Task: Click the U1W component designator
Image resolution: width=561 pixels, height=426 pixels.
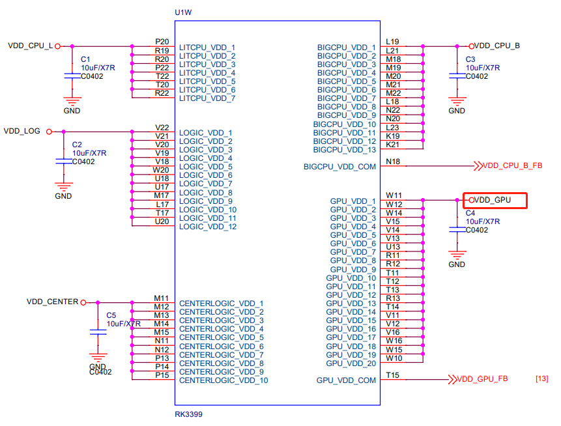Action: pos(183,12)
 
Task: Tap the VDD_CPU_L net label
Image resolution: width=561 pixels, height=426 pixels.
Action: pos(29,46)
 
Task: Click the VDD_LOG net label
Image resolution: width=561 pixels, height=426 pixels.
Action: pos(22,131)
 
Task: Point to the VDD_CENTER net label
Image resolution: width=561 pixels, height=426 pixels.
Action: pos(52,302)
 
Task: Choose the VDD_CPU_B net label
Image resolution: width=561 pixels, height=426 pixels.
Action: pos(497,46)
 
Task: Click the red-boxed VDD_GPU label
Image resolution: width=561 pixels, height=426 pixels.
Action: pos(493,200)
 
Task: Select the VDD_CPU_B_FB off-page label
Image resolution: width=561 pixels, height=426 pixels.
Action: pos(512,166)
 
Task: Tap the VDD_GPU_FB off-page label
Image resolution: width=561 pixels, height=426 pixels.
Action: pos(482,379)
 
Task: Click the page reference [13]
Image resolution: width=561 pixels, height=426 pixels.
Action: pos(541,379)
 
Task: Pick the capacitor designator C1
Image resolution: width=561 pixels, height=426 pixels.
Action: pos(85,59)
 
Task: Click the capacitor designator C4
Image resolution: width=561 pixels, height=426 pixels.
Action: pos(470,213)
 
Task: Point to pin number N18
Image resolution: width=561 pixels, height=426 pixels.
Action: pos(393,162)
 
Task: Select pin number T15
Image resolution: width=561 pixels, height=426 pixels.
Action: pos(392,375)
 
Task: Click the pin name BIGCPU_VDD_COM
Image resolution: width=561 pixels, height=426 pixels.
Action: pos(339,167)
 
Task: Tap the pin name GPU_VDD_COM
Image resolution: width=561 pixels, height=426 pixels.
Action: pos(346,380)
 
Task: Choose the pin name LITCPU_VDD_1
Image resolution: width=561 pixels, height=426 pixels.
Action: pos(207,48)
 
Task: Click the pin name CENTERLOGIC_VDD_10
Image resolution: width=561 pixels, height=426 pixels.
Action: pos(223,380)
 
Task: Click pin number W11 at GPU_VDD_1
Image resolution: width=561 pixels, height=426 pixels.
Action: pos(394,195)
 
